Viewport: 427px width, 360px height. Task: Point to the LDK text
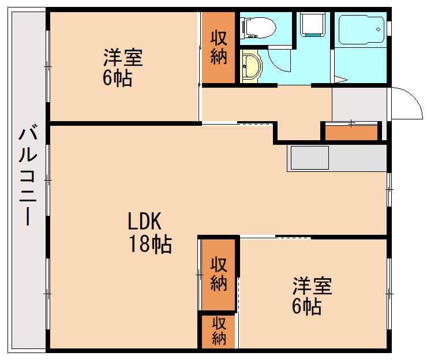(x=147, y=222)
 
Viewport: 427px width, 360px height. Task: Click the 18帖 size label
(x=149, y=245)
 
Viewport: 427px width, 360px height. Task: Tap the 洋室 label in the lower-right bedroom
(x=312, y=286)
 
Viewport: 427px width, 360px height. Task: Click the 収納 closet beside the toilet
(x=218, y=48)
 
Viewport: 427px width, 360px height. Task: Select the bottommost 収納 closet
(x=218, y=331)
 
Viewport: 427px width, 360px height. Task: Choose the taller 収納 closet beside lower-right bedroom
(x=218, y=273)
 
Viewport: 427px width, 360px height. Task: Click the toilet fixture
(x=259, y=27)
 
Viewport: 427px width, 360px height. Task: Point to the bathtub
(x=361, y=29)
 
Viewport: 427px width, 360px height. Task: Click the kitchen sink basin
(x=309, y=157)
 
